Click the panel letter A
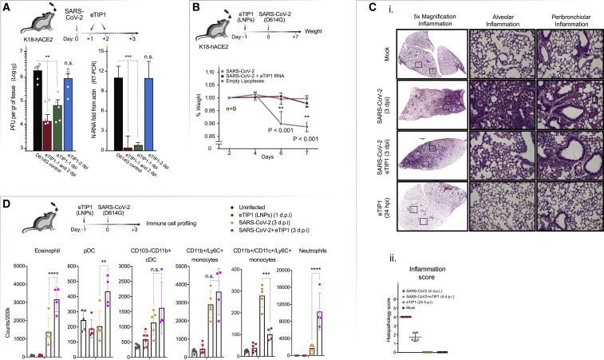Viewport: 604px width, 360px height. coord(6,6)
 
